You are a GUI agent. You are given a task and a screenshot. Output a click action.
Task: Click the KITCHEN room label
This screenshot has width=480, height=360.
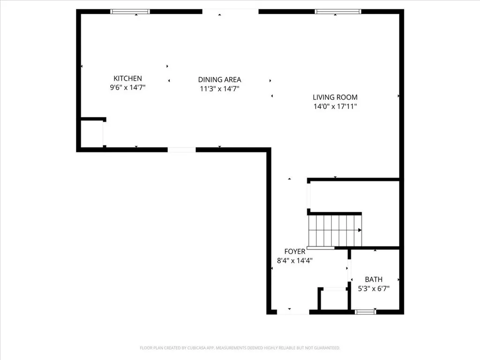(127, 78)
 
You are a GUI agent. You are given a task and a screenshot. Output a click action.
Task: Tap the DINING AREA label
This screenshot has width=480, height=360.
(219, 80)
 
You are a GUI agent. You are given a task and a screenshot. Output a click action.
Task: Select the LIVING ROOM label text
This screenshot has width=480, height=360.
(335, 97)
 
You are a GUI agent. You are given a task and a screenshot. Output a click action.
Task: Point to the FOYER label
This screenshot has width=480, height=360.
(294, 252)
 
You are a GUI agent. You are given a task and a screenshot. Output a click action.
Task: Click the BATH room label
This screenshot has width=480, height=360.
(374, 280)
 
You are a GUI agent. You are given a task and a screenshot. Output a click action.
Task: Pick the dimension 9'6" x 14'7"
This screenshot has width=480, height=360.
(127, 87)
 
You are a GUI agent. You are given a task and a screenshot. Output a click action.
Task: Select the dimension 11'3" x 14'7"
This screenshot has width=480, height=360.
(219, 89)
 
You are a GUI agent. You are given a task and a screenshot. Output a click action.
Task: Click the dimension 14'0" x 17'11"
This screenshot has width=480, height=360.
(335, 106)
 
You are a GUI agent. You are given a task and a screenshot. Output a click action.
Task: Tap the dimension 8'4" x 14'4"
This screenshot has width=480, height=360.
(294, 261)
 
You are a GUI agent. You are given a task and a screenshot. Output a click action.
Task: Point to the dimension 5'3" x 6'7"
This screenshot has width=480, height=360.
(374, 289)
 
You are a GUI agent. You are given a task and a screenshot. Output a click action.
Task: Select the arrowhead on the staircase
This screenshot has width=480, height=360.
(360, 230)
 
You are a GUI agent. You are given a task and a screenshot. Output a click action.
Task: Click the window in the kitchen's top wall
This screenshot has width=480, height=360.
(130, 12)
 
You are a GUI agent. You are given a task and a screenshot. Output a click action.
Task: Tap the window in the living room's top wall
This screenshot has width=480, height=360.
(338, 12)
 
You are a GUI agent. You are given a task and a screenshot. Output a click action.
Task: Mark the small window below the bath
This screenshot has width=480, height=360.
(366, 311)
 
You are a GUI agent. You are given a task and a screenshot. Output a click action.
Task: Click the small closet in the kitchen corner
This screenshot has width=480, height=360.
(91, 134)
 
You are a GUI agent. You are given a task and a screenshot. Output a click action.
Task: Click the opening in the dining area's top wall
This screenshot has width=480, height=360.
(230, 12)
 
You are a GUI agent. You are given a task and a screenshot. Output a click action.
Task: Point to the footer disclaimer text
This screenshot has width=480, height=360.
(240, 348)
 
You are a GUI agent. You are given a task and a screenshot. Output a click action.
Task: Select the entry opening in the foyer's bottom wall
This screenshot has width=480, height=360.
(292, 311)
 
